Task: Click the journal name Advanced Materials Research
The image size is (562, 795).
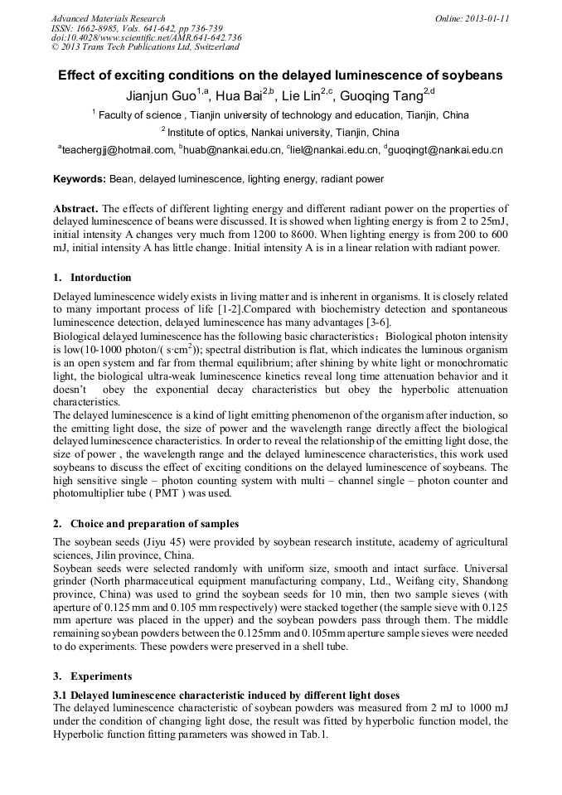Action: point(108,18)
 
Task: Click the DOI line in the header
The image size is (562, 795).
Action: point(146,38)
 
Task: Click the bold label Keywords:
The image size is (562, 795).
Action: point(80,179)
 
